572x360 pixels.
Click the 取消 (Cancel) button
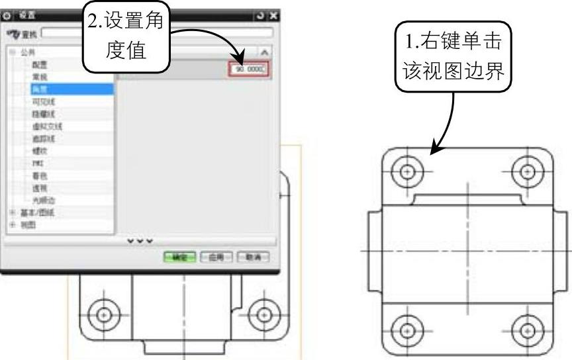(254, 257)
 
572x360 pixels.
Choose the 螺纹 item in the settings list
(37, 151)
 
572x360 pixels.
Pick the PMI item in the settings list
(37, 163)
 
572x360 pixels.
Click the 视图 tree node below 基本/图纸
(30, 224)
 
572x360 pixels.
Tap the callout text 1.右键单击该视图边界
(454, 56)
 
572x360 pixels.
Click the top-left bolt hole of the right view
(408, 171)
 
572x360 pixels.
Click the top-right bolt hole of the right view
(528, 171)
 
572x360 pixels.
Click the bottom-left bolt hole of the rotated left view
(103, 313)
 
